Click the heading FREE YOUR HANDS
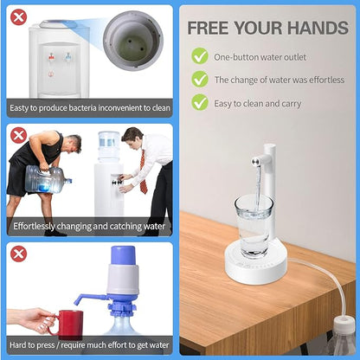[x=267, y=27]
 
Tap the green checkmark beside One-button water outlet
[x=200, y=56]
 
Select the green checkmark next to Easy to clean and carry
[x=200, y=103]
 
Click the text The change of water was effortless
[x=279, y=80]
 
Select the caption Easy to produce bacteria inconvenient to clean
[x=90, y=108]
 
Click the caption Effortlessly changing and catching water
[x=90, y=227]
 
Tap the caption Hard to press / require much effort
[x=90, y=347]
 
